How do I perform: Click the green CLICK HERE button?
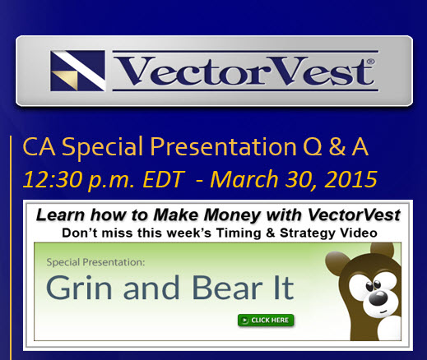[266, 321]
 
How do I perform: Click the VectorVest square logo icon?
[77, 71]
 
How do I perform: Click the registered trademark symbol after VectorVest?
[370, 62]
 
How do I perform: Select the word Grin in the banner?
[79, 288]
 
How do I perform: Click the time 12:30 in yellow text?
[53, 179]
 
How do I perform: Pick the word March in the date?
[244, 179]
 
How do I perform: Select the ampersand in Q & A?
[337, 147]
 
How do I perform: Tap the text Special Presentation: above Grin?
[95, 262]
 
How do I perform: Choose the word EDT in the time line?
[164, 179]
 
